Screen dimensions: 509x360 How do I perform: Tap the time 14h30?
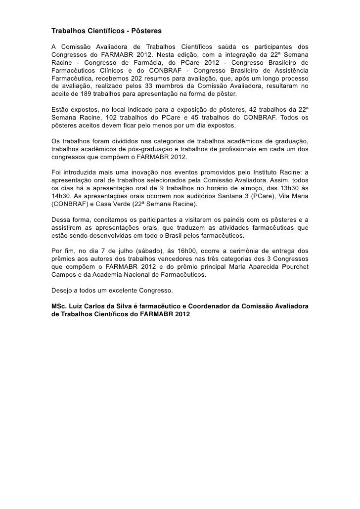point(61,196)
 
